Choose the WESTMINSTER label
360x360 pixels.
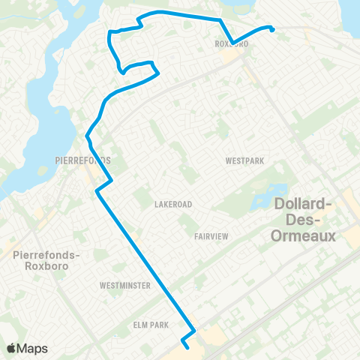124,286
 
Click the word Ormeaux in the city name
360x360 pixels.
307,236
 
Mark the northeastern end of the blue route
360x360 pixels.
271,29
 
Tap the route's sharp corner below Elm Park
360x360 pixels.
195,330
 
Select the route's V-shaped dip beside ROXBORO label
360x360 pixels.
232,42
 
